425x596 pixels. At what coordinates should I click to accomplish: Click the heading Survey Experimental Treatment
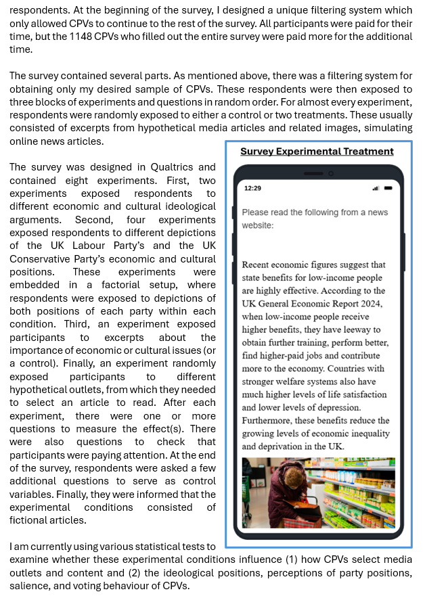point(317,152)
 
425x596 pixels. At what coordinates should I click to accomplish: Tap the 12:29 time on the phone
point(252,188)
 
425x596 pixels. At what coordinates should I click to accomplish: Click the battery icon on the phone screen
point(389,188)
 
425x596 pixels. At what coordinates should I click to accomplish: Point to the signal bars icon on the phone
point(376,188)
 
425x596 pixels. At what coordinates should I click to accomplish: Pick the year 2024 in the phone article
point(372,304)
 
